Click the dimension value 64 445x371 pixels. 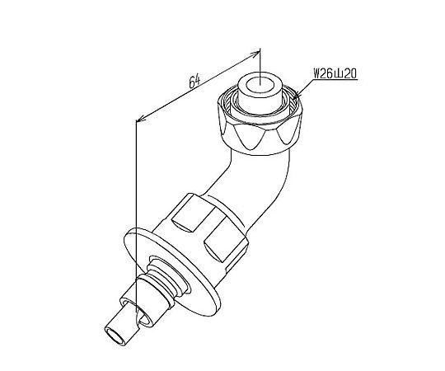coord(194,82)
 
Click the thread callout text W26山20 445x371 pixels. coord(335,74)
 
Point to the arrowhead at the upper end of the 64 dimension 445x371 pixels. coord(255,54)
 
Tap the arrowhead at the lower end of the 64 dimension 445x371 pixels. coord(141,118)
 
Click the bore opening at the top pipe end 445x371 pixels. coord(260,86)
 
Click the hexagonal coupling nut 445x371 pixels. coord(260,124)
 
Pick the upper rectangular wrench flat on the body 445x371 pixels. coord(193,217)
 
